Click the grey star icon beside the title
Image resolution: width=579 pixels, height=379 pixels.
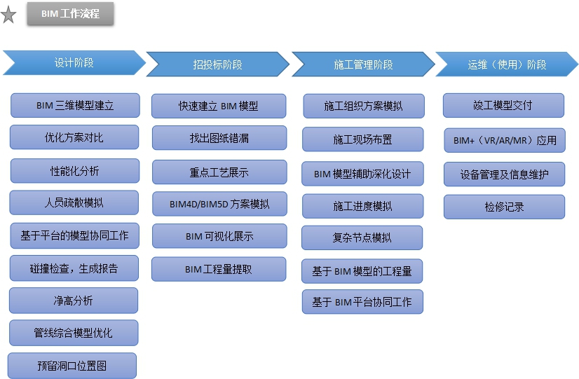tap(8, 15)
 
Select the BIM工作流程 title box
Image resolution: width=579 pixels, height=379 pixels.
tap(70, 14)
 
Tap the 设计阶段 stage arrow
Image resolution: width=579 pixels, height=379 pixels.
tap(74, 62)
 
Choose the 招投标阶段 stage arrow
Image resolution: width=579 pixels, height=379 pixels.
tap(217, 64)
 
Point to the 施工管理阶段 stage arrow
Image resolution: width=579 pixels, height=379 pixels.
tap(363, 64)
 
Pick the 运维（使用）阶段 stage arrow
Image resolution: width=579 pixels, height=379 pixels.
tap(507, 64)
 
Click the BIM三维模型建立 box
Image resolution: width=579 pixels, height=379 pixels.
tap(75, 106)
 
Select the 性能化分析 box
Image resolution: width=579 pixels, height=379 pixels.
tap(75, 170)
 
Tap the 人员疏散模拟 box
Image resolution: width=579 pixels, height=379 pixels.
tap(74, 202)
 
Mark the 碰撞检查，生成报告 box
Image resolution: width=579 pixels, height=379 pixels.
tap(74, 268)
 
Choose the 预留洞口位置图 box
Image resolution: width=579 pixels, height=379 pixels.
tap(72, 365)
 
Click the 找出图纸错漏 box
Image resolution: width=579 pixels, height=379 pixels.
tap(219, 138)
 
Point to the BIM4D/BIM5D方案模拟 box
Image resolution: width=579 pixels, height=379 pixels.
tap(219, 204)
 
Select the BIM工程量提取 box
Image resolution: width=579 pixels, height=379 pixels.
tap(219, 269)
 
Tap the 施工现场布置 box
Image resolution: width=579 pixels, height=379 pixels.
tap(362, 139)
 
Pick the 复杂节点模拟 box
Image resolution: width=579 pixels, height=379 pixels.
tap(362, 237)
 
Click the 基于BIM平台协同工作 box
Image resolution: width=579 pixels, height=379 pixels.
tap(362, 302)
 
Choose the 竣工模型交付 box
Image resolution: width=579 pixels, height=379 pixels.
tap(503, 105)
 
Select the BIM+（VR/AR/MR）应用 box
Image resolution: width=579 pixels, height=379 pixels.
tap(505, 140)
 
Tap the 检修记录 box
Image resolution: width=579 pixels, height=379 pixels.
tap(504, 207)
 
